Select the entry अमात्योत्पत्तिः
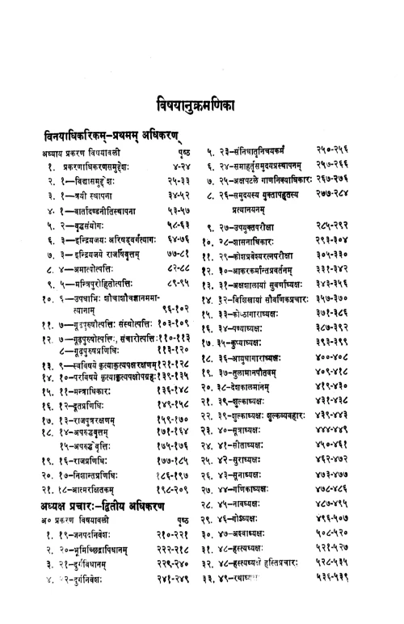pos(89,270)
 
